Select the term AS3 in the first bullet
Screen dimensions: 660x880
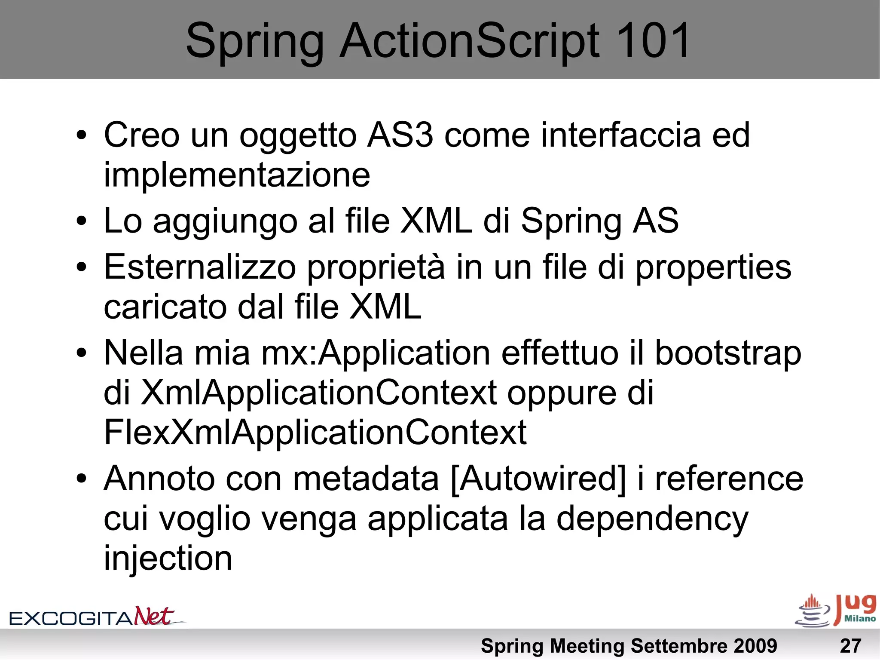(x=400, y=135)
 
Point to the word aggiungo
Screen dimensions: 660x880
(x=225, y=221)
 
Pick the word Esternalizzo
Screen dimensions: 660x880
(x=200, y=267)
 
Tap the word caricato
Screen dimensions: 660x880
(x=165, y=307)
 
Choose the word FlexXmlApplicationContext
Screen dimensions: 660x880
(x=315, y=432)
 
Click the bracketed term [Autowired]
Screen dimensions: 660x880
(x=538, y=479)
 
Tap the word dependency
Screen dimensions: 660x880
(x=652, y=519)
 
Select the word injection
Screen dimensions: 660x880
(x=168, y=558)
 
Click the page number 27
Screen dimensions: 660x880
(x=850, y=646)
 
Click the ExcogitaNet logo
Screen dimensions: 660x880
(x=97, y=617)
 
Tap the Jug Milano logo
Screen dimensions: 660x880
(x=836, y=611)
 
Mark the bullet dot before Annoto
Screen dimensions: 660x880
(x=82, y=479)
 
